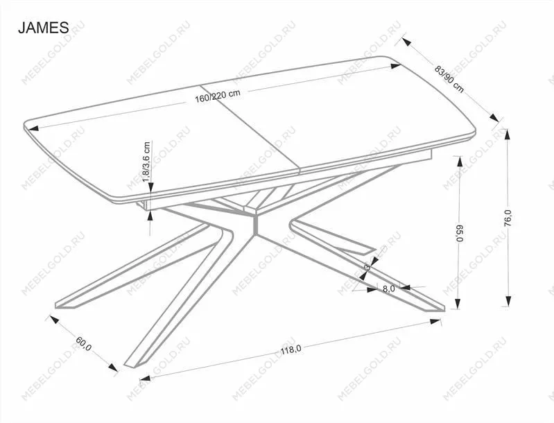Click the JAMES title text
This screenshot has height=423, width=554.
pos(44,28)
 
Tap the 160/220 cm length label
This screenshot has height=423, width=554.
pos(218,96)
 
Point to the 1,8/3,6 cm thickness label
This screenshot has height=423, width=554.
pos(147,162)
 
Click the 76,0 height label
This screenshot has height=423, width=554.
pos(508,217)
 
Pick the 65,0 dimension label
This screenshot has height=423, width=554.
pos(460,233)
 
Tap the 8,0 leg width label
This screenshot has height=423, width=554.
pos(389,288)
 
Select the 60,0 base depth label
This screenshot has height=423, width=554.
pos(83,343)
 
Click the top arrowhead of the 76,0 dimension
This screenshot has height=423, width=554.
pos(508,135)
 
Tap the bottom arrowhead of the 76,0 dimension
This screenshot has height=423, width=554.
pos(508,301)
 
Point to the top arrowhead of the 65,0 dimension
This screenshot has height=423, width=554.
pos(460,161)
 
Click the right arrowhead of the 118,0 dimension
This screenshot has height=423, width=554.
pos(435,321)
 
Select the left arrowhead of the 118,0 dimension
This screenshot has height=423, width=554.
pos(145,378)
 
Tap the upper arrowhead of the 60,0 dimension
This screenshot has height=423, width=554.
pos(53,320)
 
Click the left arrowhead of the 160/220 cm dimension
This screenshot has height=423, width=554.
pos(33,128)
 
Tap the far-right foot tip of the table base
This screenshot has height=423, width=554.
pos(444,311)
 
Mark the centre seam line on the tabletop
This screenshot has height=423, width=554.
pos(250,130)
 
